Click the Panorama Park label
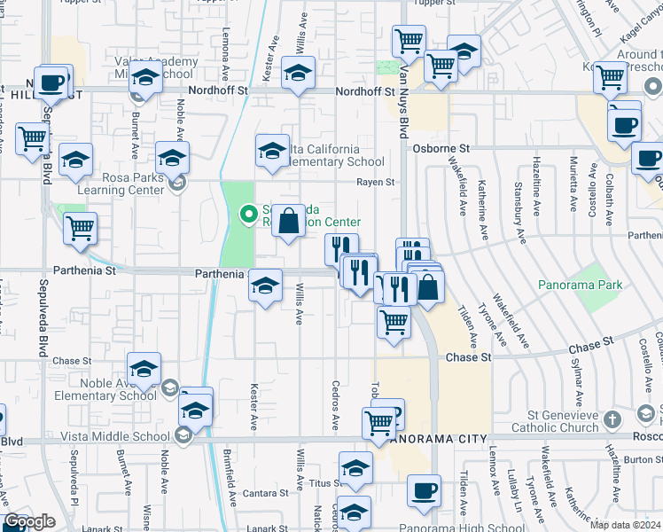[581, 285]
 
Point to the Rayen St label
[375, 183]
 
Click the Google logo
[29, 521]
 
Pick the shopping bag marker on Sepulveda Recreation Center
[289, 221]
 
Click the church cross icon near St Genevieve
[612, 418]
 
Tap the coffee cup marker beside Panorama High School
[424, 490]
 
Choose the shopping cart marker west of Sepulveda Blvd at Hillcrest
[32, 138]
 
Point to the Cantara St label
[258, 492]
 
